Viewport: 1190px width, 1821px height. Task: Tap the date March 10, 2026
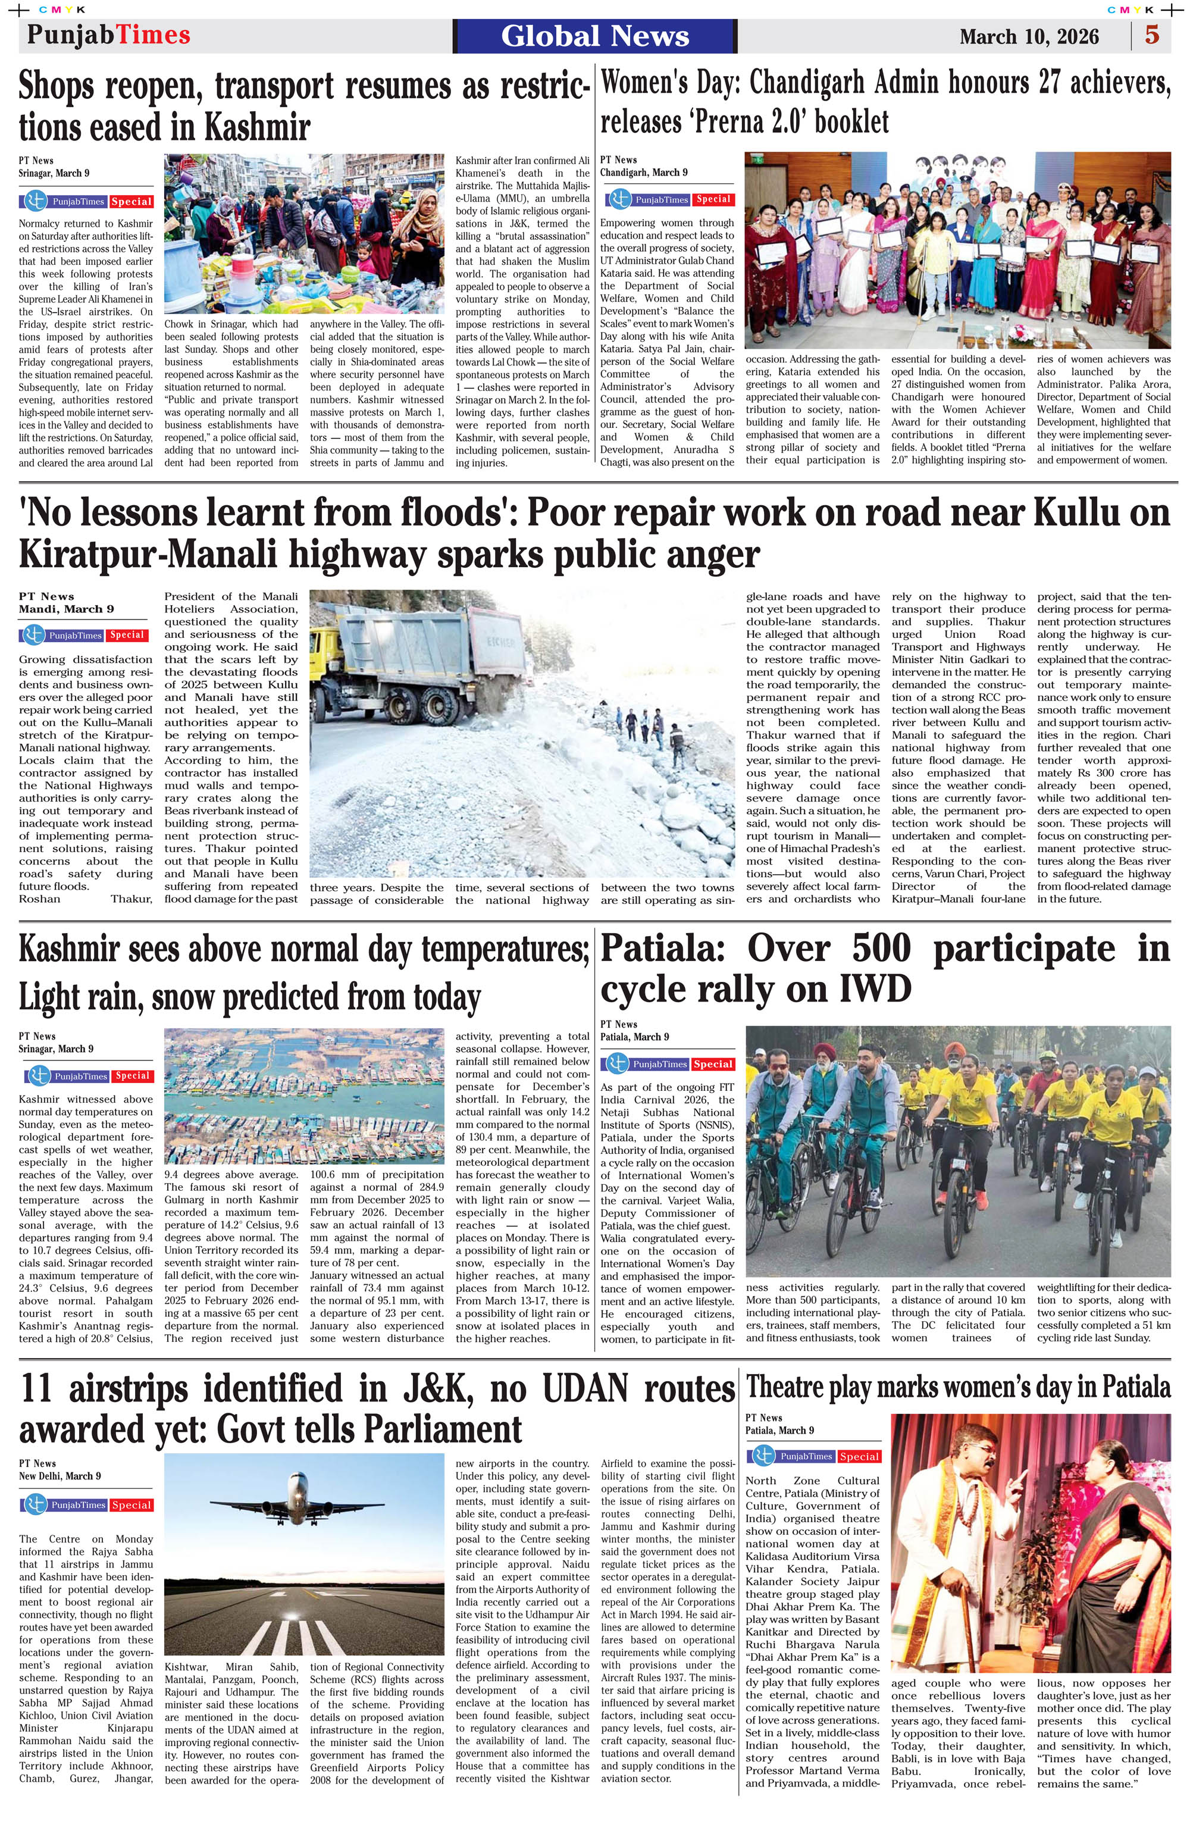pos(1029,37)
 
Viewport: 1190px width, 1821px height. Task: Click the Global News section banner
pos(594,36)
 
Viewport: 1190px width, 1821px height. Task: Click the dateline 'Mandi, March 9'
pos(66,609)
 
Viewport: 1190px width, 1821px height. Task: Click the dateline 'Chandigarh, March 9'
pos(643,172)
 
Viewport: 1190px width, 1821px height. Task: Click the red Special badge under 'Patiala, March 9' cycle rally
pos(713,1064)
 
